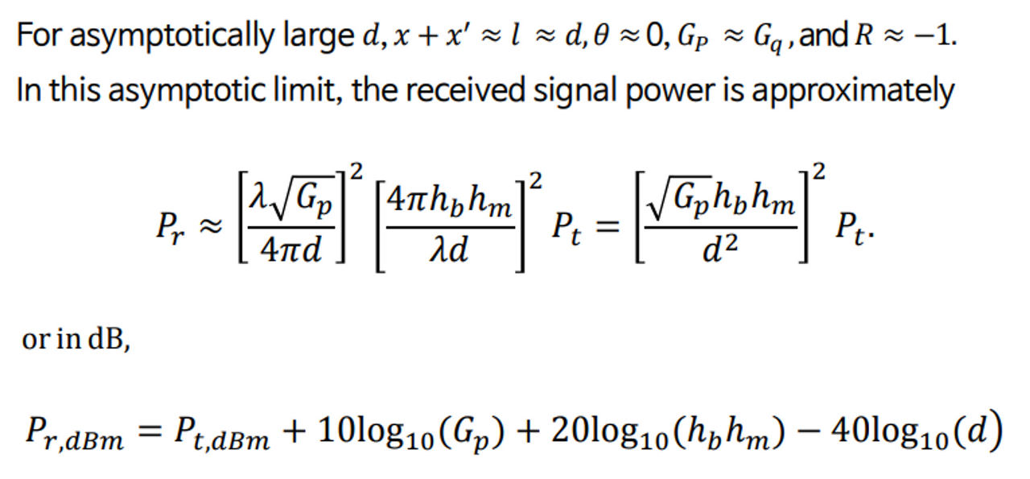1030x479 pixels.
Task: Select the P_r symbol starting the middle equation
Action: (x=168, y=231)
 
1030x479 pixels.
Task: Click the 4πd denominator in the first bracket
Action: (x=291, y=251)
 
